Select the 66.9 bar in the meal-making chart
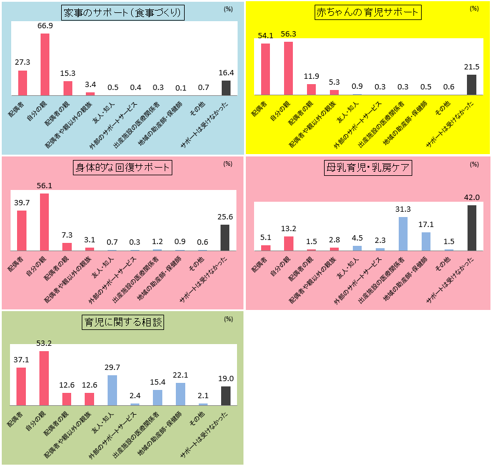tap(45, 64)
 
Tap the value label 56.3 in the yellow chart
tap(289, 34)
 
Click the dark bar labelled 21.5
tap(471, 85)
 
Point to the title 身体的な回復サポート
tap(122, 168)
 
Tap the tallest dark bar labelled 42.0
tap(471, 228)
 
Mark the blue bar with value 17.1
tap(426, 241)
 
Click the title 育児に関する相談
tap(122, 322)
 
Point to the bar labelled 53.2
tap(44, 378)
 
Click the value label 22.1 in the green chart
tap(181, 375)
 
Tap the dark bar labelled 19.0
tap(225, 395)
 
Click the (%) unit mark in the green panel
tap(228, 319)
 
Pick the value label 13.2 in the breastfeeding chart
tap(288, 229)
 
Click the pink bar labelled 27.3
tap(22, 83)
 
